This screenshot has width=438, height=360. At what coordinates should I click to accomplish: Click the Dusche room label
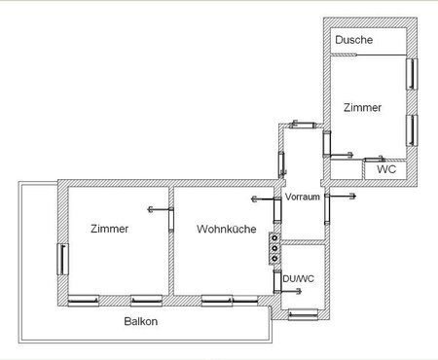pos(353,40)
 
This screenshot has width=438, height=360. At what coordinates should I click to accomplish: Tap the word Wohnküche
pos(226,229)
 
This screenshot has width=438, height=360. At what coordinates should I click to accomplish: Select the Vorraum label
pos(303,197)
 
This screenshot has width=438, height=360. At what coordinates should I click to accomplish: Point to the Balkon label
pos(141,321)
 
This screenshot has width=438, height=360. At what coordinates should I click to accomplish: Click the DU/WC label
pos(299,278)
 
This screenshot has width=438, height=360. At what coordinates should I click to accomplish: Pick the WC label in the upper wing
pos(386,169)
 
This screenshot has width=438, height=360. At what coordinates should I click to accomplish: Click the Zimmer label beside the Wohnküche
pos(109,229)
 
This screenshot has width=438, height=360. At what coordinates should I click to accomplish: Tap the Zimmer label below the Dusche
pos(362,107)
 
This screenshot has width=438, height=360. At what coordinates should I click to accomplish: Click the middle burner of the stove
pos(274,248)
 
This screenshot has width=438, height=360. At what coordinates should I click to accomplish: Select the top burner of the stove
pos(274,238)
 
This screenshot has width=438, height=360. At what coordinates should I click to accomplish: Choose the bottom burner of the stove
pos(274,259)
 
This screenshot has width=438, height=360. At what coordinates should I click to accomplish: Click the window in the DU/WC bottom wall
pos(303,314)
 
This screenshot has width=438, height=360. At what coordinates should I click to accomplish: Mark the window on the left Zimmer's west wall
pos(62,260)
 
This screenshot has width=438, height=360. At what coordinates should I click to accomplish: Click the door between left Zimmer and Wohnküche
pos(171,220)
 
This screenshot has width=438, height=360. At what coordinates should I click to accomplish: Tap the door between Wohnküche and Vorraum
pos(276,210)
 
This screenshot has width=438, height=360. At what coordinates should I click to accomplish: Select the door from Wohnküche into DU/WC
pos(276,281)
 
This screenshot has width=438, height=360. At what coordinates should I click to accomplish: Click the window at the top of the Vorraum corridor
pos(304,125)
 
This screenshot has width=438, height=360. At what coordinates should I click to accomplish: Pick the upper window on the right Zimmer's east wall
pos(412,74)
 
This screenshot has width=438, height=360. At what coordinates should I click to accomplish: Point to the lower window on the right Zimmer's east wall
pos(412,130)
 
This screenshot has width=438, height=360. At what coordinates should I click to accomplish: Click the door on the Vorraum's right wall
pos(327,209)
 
